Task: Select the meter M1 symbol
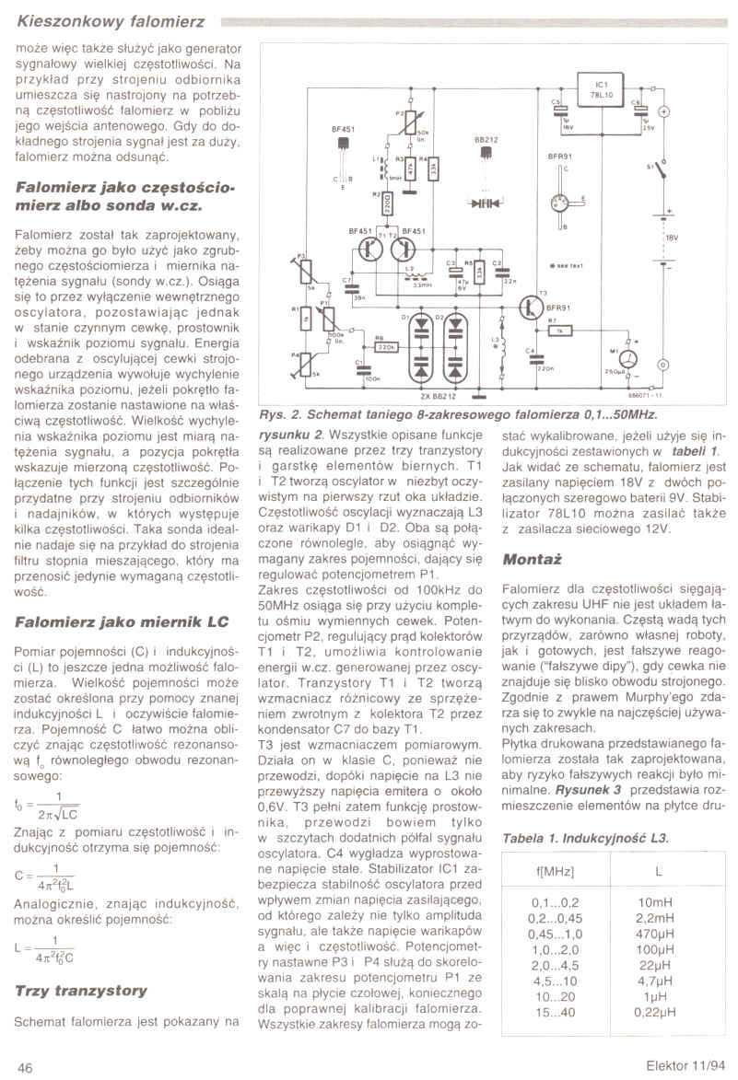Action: point(627,358)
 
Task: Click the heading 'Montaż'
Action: point(533,559)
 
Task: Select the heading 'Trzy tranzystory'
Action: point(81,991)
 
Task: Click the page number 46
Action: point(26,1066)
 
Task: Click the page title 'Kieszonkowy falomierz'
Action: point(111,20)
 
